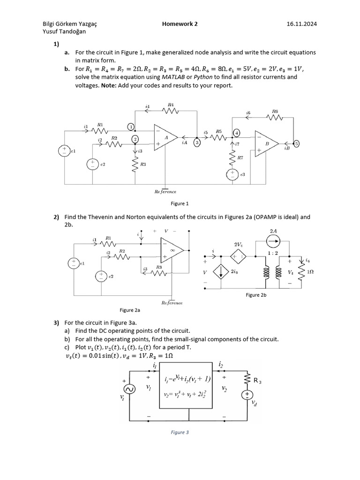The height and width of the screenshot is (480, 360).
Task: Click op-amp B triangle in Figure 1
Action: pyautogui.click(x=266, y=143)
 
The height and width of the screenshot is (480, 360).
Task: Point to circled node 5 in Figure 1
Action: pyautogui.click(x=296, y=143)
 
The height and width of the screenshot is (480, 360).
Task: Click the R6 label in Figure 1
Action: pyautogui.click(x=275, y=112)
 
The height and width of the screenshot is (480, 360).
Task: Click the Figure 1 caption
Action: pyautogui.click(x=180, y=203)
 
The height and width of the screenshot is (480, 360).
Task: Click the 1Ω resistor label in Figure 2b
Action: pyautogui.click(x=310, y=272)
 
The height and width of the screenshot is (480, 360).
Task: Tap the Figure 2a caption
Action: pyautogui.click(x=130, y=310)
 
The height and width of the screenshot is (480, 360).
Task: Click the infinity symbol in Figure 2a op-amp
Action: pyautogui.click(x=172, y=250)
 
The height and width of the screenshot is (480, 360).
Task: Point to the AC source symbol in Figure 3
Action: pyautogui.click(x=128, y=390)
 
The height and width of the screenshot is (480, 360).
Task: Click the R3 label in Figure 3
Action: pyautogui.click(x=257, y=381)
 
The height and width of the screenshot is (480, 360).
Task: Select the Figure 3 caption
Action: pyautogui.click(x=180, y=432)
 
